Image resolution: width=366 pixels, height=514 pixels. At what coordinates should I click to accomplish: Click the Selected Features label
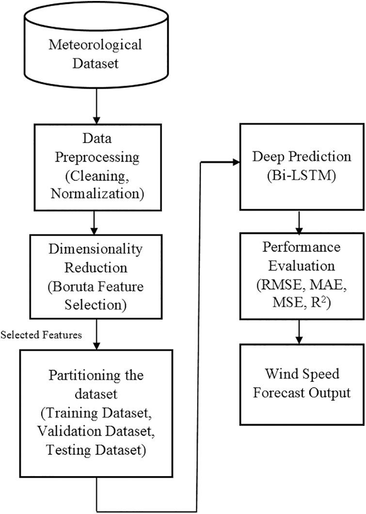(41, 335)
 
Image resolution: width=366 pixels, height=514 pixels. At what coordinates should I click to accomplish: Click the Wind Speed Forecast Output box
(301, 383)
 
